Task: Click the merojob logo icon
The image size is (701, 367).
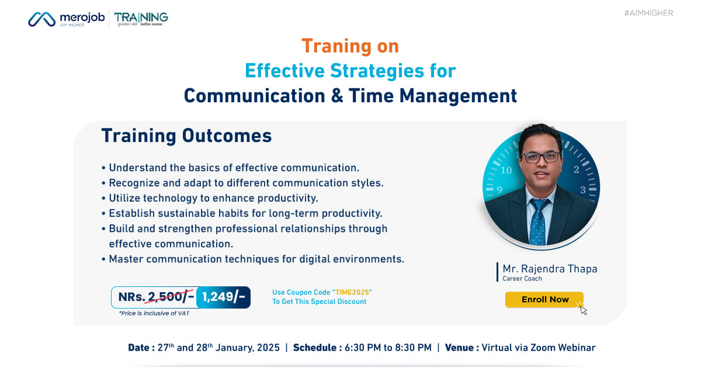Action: pos(42,19)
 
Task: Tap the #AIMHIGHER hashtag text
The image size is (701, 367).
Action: pos(648,13)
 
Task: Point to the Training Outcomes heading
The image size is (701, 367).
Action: pos(186,136)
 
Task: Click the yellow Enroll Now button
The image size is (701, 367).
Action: pos(544,299)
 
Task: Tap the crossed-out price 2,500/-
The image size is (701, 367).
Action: pos(171,297)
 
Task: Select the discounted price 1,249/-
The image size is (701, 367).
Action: pos(224,297)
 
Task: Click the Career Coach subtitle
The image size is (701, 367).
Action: pos(522,279)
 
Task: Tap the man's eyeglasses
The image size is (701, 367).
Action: pos(540,158)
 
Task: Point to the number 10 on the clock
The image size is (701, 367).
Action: pos(506,171)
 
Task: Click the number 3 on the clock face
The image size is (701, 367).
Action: pos(582,189)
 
